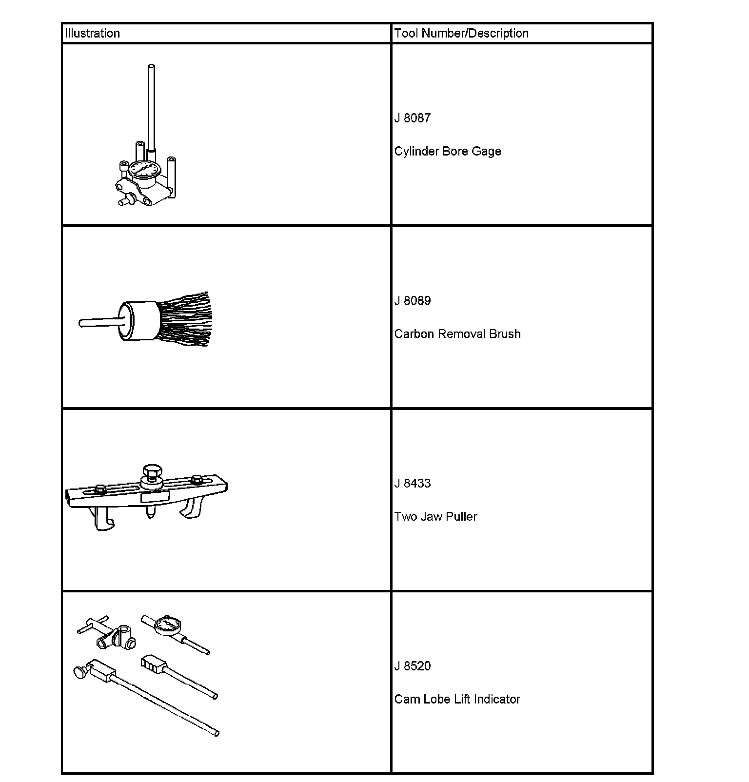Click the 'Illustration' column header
point(92,33)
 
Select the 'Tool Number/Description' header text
point(461,33)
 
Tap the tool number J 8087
point(413,118)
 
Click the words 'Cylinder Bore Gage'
point(448,151)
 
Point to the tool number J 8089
point(413,301)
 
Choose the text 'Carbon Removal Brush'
point(457,334)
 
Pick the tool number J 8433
point(413,484)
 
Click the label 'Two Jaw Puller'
point(435,517)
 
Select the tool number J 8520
point(413,666)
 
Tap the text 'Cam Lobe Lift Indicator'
point(457,700)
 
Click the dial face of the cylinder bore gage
point(145,170)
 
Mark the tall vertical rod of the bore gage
point(151,107)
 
